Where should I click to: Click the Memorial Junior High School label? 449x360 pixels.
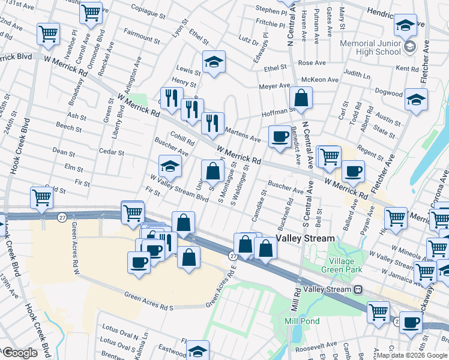click(370, 47)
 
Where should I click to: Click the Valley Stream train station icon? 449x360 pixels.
click(358, 290)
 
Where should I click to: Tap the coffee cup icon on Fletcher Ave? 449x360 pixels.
click(353, 172)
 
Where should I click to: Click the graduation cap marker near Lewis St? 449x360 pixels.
click(213, 62)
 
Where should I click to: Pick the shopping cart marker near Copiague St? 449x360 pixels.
click(91, 13)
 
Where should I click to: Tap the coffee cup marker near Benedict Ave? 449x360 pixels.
click(279, 137)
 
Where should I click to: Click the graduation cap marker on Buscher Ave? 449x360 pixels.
click(170, 166)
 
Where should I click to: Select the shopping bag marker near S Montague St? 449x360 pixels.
click(212, 170)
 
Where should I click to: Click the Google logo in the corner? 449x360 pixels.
click(19, 353)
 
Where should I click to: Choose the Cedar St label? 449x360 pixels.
click(111, 152)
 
